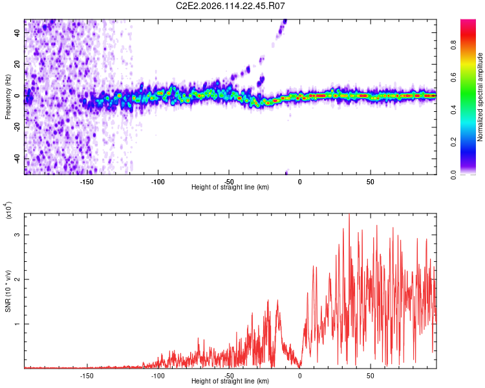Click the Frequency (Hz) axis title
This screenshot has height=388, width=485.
tap(8, 97)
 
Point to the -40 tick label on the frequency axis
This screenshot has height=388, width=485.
tap(17, 158)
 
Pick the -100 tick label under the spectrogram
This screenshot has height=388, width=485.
tap(158, 182)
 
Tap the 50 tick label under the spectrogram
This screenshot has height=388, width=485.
tap(370, 182)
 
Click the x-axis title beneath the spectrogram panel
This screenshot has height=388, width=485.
tap(230, 187)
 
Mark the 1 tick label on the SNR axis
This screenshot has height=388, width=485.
tap(17, 323)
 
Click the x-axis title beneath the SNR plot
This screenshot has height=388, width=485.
tap(230, 382)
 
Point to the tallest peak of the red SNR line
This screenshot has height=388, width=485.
tap(349, 215)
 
